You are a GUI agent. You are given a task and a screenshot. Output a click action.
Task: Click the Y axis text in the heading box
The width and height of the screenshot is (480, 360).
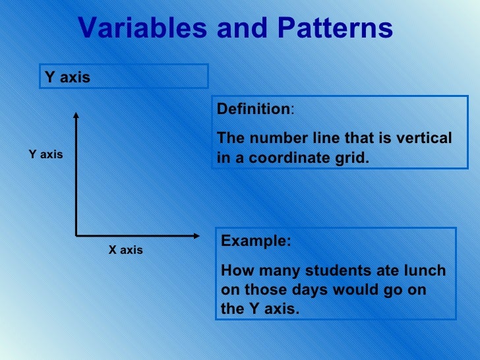point(67,77)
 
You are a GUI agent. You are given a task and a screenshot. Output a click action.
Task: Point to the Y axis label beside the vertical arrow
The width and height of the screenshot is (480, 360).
point(45,154)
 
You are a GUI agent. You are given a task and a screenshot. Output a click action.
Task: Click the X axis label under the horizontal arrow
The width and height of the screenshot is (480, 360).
point(125,251)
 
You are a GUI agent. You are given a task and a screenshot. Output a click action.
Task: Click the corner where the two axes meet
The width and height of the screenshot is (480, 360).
point(76,235)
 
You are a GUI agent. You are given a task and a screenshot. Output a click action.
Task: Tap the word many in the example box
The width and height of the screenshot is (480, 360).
point(268,271)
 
